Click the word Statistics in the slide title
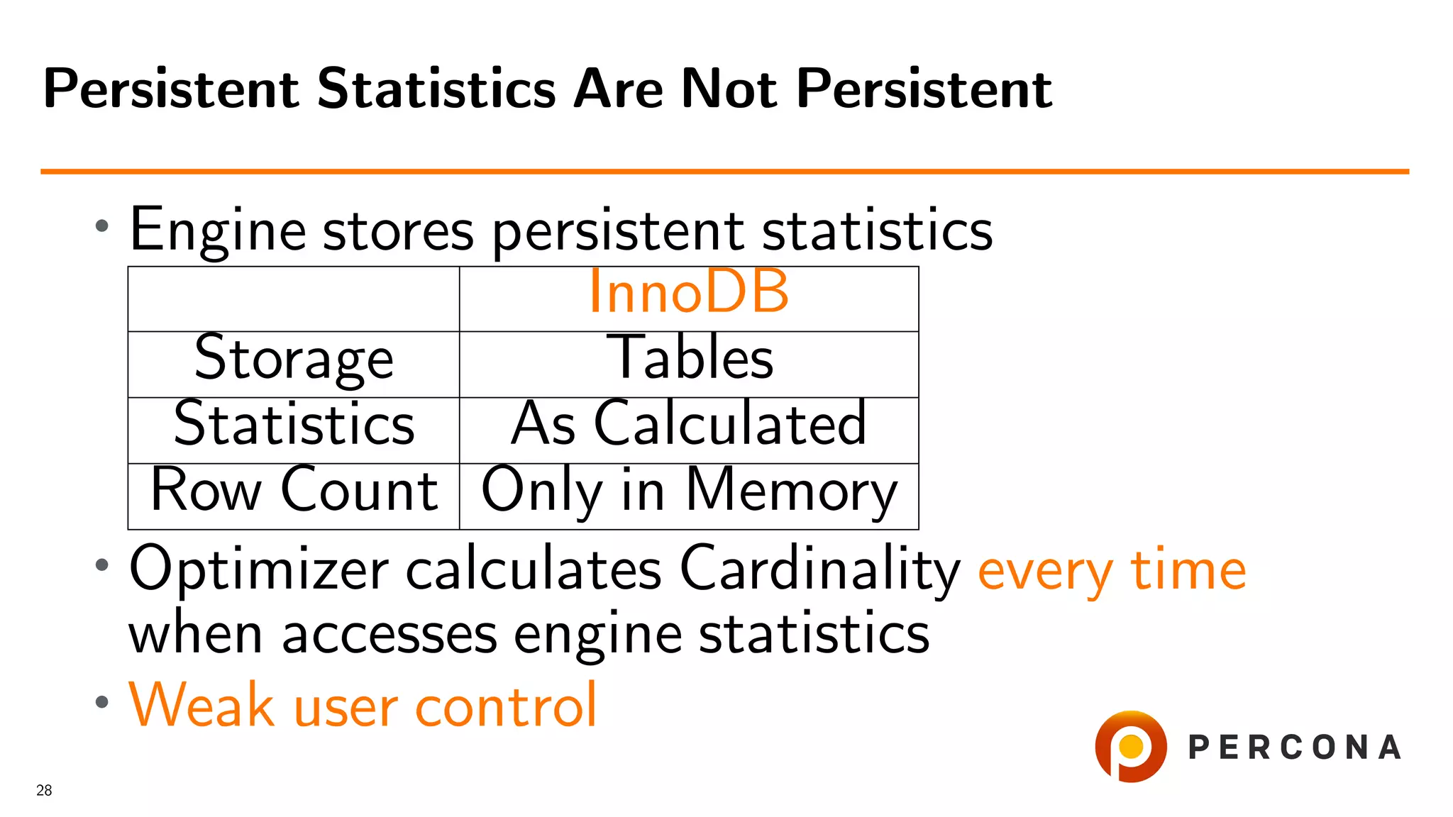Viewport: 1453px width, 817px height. (x=436, y=89)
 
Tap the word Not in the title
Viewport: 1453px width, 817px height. (x=728, y=89)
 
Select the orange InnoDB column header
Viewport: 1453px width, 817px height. (x=688, y=292)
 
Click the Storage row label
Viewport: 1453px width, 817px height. (x=294, y=359)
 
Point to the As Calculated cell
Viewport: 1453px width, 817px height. (x=688, y=424)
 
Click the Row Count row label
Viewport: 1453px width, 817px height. (x=294, y=490)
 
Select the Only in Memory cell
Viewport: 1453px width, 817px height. (x=689, y=491)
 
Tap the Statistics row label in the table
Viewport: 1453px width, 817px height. (x=294, y=424)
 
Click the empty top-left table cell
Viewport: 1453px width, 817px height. (x=294, y=299)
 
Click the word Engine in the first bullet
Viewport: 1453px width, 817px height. (x=218, y=230)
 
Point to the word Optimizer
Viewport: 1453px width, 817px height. (x=259, y=569)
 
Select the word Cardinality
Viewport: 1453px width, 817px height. (x=819, y=569)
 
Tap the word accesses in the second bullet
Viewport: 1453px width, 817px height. (x=389, y=634)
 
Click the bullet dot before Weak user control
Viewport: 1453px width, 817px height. (x=102, y=702)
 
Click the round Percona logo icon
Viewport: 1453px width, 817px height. (x=1130, y=747)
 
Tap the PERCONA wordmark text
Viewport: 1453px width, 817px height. (x=1294, y=747)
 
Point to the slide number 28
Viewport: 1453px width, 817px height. (x=44, y=790)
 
